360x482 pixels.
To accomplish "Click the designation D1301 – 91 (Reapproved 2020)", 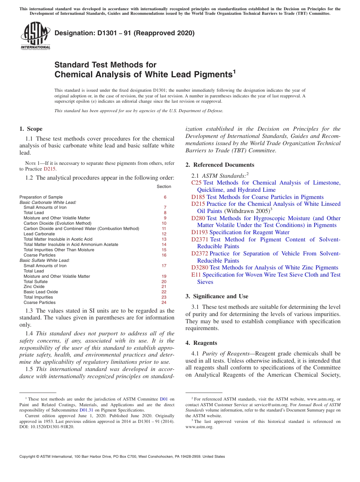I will click(x=124, y=33).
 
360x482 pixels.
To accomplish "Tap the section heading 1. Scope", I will click(x=31, y=129).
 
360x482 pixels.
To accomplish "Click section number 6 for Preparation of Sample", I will click(x=165, y=197).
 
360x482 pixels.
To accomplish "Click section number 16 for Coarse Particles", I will click(x=164, y=255).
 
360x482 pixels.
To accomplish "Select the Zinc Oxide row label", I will click(x=34, y=286).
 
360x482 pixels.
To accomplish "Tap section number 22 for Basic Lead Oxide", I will click(x=164, y=292).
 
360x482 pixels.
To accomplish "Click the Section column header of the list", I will click(x=164, y=186).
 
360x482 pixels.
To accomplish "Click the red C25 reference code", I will click(x=196, y=183).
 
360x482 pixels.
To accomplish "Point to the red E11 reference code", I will click(x=196, y=275).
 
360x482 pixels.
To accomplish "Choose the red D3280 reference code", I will click(x=200, y=268).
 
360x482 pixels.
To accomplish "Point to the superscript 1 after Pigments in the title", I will click(x=234, y=71).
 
